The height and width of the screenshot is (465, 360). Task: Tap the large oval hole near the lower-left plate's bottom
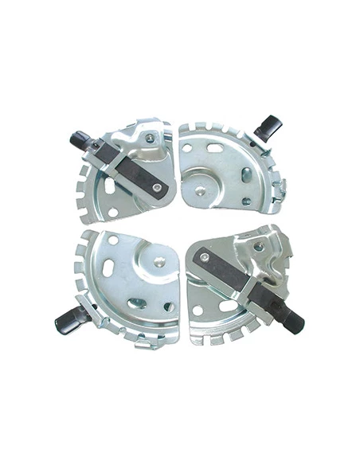coord(137,303)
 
